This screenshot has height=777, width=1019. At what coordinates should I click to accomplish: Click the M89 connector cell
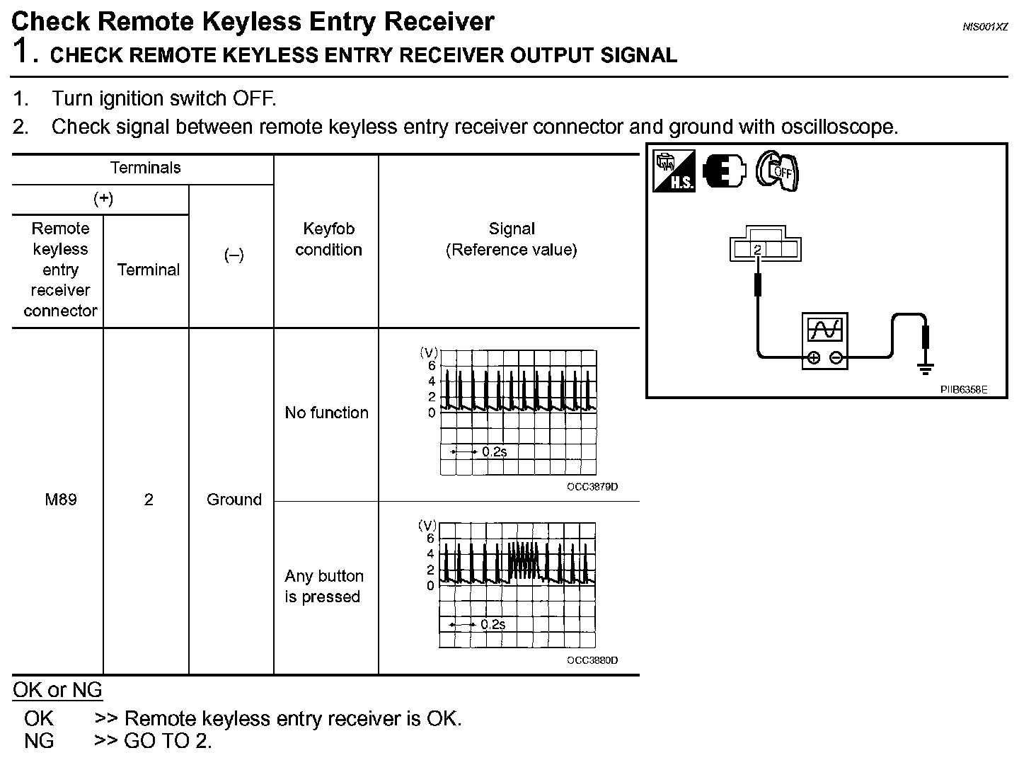pyautogui.click(x=60, y=500)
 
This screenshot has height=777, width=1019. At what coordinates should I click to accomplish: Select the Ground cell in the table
pyautogui.click(x=234, y=500)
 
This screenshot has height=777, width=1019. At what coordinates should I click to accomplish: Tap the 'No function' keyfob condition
pyautogui.click(x=326, y=413)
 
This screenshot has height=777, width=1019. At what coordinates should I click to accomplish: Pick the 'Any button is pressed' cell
pyautogui.click(x=324, y=586)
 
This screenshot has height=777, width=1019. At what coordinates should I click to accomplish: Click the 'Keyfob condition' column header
pyautogui.click(x=328, y=239)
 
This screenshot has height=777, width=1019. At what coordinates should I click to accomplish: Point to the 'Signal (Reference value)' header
pyautogui.click(x=511, y=239)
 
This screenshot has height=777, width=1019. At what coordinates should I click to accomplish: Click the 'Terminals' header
pyautogui.click(x=145, y=168)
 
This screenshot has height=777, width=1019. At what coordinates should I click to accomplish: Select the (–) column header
pyautogui.click(x=234, y=255)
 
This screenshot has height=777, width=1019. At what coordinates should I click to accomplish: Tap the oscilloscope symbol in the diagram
pyautogui.click(x=824, y=340)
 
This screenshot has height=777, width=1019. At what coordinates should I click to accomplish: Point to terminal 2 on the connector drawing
pyautogui.click(x=757, y=249)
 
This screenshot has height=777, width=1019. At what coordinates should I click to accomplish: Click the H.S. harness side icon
pyautogui.click(x=674, y=171)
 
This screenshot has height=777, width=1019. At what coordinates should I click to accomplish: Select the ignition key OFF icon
pyautogui.click(x=777, y=171)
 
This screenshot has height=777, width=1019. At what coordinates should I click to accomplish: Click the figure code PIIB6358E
pyautogui.click(x=963, y=389)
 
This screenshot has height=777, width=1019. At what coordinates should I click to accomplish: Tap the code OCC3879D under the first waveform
pyautogui.click(x=592, y=487)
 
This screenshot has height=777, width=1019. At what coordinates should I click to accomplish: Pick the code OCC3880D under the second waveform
pyautogui.click(x=592, y=660)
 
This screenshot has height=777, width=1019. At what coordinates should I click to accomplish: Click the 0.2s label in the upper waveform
pyautogui.click(x=494, y=451)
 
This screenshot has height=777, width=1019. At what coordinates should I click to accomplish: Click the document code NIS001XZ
pyautogui.click(x=984, y=26)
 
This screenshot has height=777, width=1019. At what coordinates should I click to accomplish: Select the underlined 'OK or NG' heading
pyautogui.click(x=57, y=690)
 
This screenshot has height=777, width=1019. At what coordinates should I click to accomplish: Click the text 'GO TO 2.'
pyautogui.click(x=168, y=741)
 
